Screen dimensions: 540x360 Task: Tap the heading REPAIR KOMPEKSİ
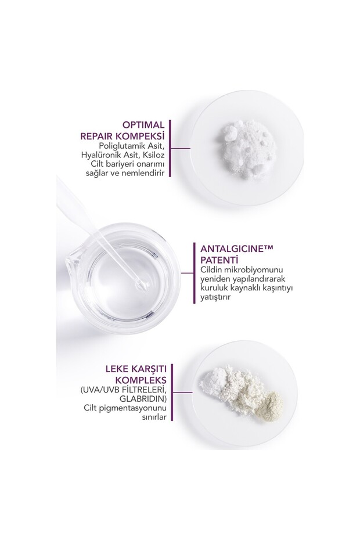click(x=124, y=136)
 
